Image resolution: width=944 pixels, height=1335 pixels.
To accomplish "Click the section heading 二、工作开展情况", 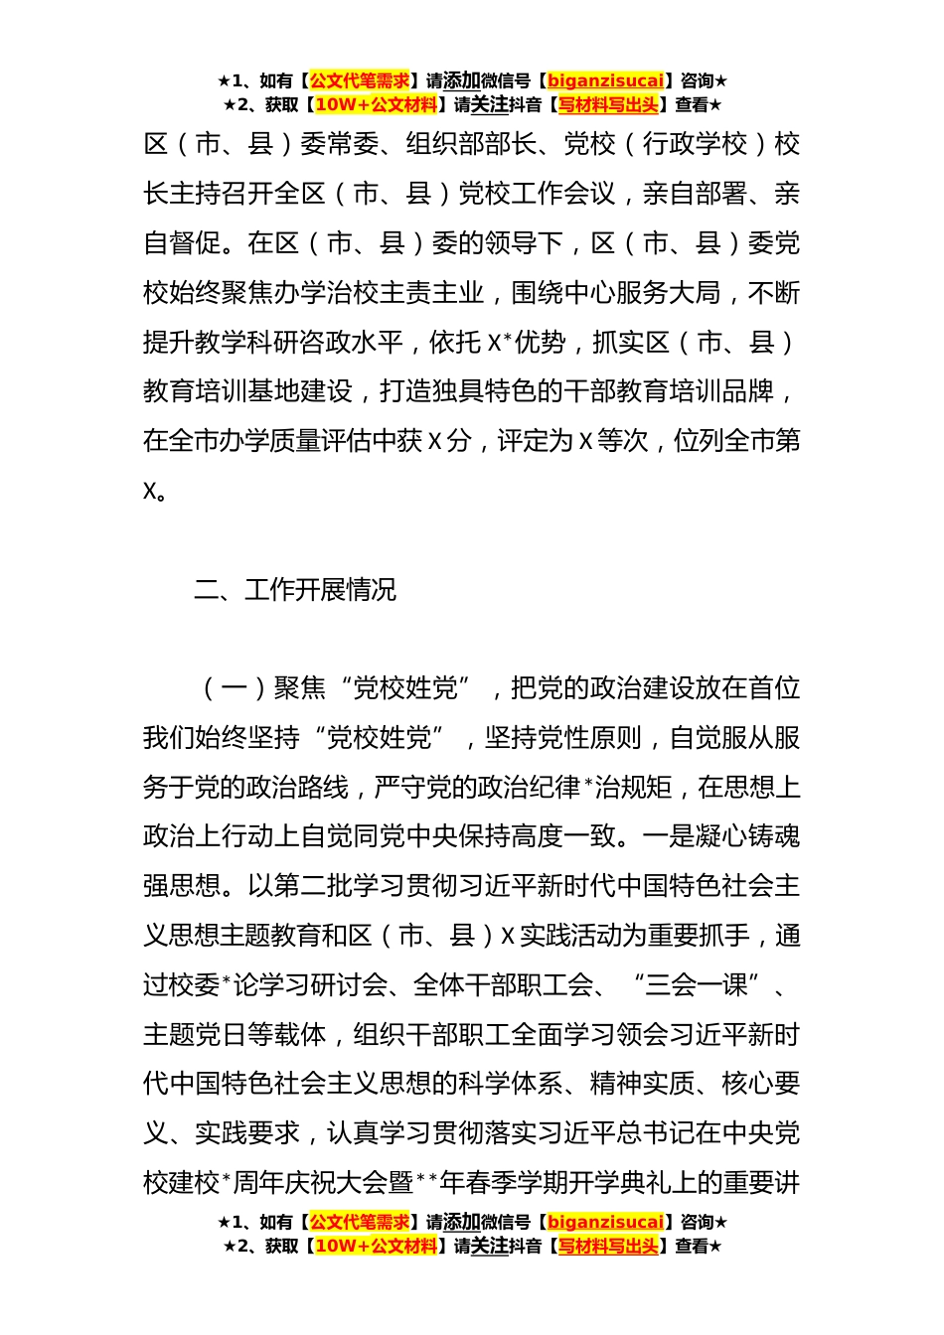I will [x=295, y=590].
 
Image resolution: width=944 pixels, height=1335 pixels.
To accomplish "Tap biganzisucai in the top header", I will [x=605, y=81].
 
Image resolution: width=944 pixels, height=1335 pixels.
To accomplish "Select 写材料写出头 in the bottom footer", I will [x=608, y=1246].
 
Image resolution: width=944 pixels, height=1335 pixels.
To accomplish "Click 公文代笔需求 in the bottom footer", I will [x=360, y=1222].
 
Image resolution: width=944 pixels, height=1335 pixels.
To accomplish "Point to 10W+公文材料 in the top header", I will [x=376, y=105].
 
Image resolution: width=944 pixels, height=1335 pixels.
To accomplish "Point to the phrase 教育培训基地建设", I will [x=247, y=391].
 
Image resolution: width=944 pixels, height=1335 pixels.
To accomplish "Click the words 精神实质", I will [x=643, y=1084].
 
